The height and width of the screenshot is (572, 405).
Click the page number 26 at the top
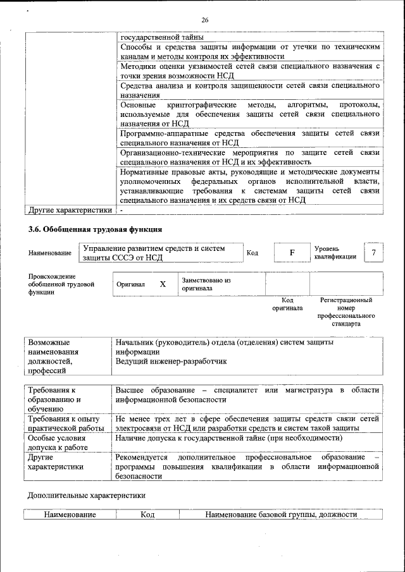pos(205,20)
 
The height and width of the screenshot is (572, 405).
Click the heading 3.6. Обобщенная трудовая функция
pos(94,229)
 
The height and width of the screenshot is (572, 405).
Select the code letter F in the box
pos(292,253)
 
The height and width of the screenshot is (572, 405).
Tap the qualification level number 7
pos(374,253)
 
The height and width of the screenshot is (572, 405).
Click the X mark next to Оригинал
pos(163,284)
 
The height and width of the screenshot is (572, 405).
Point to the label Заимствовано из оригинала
pos(206,284)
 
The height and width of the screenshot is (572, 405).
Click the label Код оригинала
pos(287,304)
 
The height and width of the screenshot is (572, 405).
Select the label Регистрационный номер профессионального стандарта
pos(346,312)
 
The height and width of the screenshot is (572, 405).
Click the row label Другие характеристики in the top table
pos(70,210)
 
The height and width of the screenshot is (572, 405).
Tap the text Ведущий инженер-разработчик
pos(170,362)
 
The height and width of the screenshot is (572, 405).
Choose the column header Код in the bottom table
pos(147,515)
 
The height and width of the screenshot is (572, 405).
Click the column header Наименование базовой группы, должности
pos(281,515)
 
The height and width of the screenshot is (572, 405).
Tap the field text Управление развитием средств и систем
pos(154,248)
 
